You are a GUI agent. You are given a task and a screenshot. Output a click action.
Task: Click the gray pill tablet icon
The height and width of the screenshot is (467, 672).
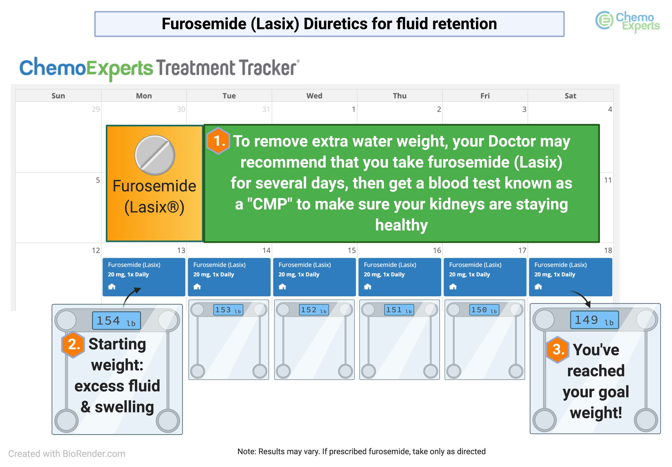point(155,155)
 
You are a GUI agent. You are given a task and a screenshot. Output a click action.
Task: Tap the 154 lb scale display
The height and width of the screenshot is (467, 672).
point(116,321)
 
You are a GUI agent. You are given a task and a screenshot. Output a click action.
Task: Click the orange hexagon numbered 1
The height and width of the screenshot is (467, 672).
point(218,141)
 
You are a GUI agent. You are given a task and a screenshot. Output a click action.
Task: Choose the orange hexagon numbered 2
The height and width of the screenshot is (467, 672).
point(73,345)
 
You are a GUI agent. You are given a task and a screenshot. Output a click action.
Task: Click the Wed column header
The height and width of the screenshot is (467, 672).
point(314,96)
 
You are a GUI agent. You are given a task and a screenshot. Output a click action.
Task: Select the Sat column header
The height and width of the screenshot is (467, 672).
point(570,96)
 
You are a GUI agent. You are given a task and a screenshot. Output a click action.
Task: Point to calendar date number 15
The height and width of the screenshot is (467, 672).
point(352,251)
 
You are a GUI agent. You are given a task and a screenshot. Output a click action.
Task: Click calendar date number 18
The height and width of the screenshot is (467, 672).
point(608,251)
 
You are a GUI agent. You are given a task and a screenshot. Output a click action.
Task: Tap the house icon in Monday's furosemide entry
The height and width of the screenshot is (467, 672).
point(112,286)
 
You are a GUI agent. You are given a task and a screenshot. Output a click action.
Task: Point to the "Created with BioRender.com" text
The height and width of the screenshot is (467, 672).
point(67,454)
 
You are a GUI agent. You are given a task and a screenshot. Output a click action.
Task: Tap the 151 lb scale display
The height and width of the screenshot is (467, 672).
point(399,310)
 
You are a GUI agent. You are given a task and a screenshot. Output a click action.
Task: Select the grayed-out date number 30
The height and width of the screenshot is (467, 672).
point(181,109)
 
